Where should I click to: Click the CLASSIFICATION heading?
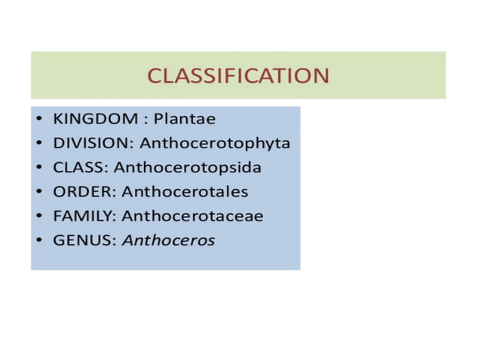click(x=237, y=75)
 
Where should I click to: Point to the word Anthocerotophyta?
click(x=215, y=143)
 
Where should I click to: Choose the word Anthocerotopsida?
click(x=188, y=167)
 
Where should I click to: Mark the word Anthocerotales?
click(x=185, y=191)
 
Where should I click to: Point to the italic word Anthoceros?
click(x=168, y=241)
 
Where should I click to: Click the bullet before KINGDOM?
click(x=38, y=120)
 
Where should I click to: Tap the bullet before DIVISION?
click(x=38, y=144)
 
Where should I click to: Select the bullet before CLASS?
click(x=38, y=168)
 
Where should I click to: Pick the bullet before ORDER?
click(x=38, y=192)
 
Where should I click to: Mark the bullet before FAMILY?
click(x=38, y=217)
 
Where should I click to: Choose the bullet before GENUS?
click(x=38, y=242)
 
